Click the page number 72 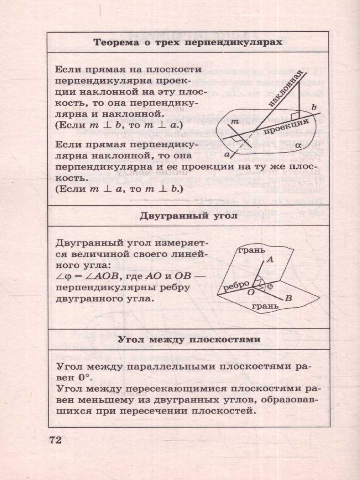tap(55, 440)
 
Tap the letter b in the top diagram tap(314, 107)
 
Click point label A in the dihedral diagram tap(270, 259)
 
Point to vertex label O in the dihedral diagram tap(251, 293)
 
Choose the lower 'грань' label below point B tap(264, 307)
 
